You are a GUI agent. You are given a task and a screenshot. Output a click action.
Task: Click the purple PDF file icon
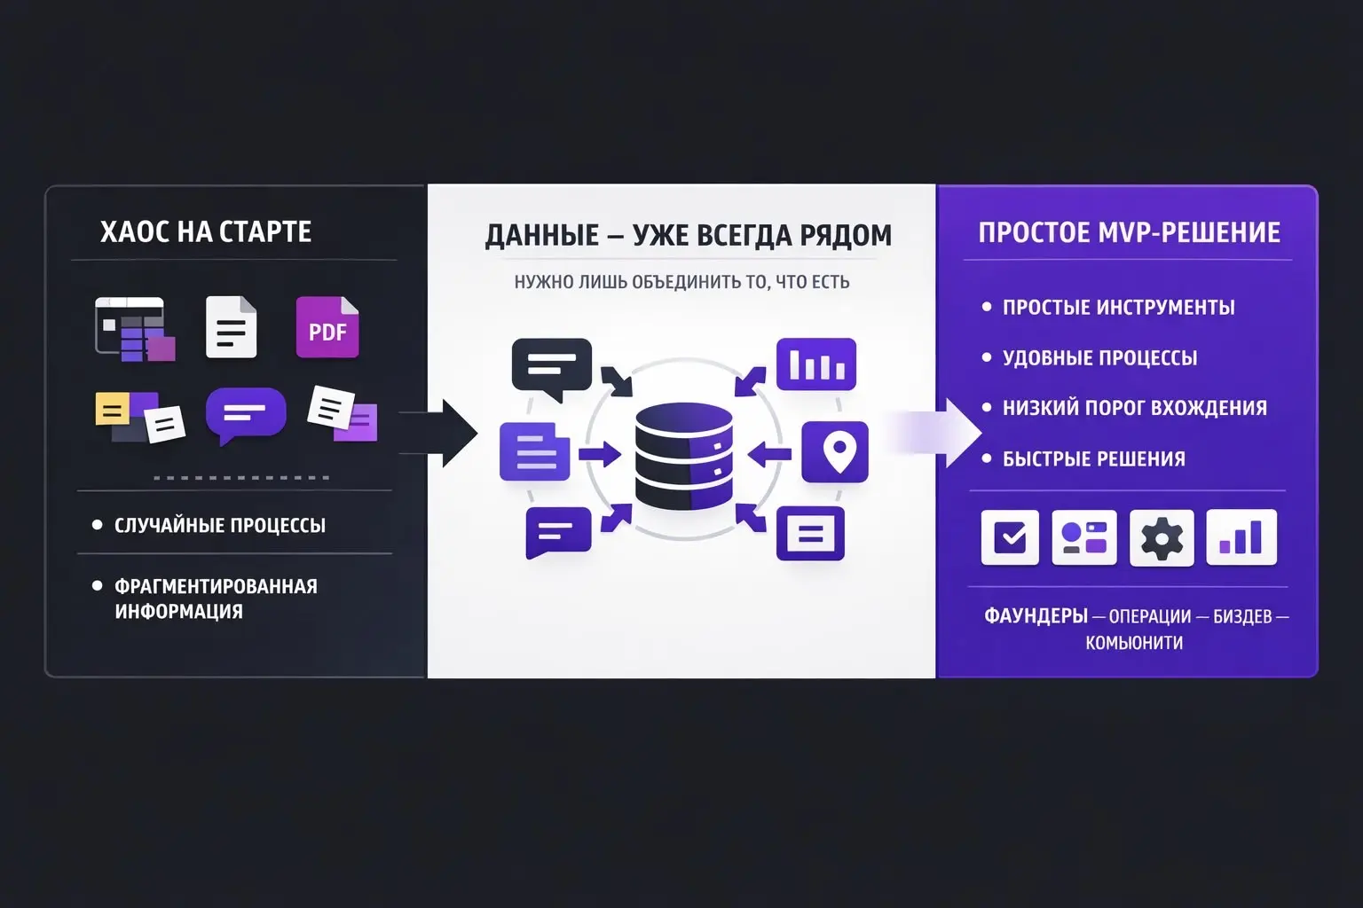(327, 327)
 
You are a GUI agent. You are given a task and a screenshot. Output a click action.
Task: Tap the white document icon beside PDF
(232, 327)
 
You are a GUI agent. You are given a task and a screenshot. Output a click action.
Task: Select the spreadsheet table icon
(135, 329)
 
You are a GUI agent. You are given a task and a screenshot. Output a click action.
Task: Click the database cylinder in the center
(683, 456)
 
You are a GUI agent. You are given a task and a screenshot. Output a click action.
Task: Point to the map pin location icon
(835, 452)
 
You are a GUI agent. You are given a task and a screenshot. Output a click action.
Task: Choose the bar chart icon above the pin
(816, 364)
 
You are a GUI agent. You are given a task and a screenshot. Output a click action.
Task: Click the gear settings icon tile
(1162, 537)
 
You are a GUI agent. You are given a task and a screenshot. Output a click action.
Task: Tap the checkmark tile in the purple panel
(1010, 537)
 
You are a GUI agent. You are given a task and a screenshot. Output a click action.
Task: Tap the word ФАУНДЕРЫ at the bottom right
(1036, 616)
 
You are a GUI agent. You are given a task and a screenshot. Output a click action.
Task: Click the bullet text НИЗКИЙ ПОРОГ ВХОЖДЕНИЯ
(1135, 408)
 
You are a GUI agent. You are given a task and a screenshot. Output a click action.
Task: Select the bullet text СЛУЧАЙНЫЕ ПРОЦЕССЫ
(220, 526)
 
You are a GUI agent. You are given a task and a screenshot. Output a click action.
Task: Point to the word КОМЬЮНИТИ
(1134, 643)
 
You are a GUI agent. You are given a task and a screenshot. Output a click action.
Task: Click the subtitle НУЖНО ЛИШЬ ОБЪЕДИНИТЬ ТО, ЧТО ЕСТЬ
(681, 282)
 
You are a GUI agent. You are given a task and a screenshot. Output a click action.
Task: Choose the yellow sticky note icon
(113, 409)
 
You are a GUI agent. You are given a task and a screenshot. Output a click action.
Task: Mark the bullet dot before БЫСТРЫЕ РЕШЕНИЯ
(987, 458)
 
